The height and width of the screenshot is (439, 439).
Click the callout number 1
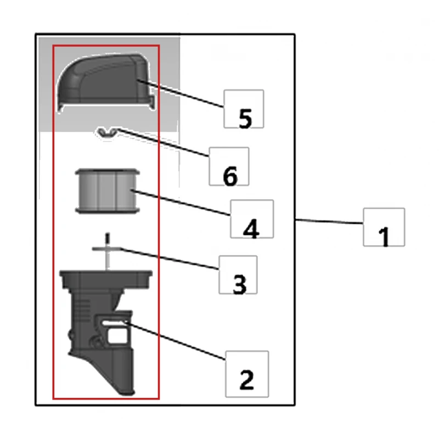(384, 237)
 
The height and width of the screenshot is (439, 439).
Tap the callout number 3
(239, 284)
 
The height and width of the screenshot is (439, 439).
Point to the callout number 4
(251, 229)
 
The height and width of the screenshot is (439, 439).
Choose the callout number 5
(245, 119)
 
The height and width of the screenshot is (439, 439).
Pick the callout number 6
(230, 176)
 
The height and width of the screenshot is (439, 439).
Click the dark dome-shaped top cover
(105, 83)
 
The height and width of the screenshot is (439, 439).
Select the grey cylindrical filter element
(107, 191)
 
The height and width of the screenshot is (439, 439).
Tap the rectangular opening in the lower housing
(117, 336)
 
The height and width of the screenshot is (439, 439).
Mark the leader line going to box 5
(181, 93)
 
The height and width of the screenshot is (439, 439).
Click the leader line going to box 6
(164, 143)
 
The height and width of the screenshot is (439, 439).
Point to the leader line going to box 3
(169, 258)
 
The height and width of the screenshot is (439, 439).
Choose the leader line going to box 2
(175, 341)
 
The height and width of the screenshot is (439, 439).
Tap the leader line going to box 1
(329, 222)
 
